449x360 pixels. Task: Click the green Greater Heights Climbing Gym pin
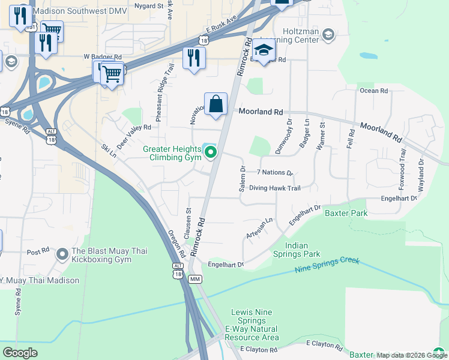(210, 154)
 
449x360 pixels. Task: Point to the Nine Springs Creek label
(327, 265)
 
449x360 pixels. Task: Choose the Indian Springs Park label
(303, 250)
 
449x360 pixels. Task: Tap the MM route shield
(194, 280)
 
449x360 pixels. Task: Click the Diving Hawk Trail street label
(274, 188)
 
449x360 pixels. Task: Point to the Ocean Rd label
(373, 91)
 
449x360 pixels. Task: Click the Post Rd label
(37, 251)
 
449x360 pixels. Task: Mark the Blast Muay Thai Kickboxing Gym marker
(62, 254)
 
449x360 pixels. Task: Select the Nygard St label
(148, 5)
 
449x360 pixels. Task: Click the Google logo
(20, 353)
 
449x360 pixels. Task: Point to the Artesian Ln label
(259, 229)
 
